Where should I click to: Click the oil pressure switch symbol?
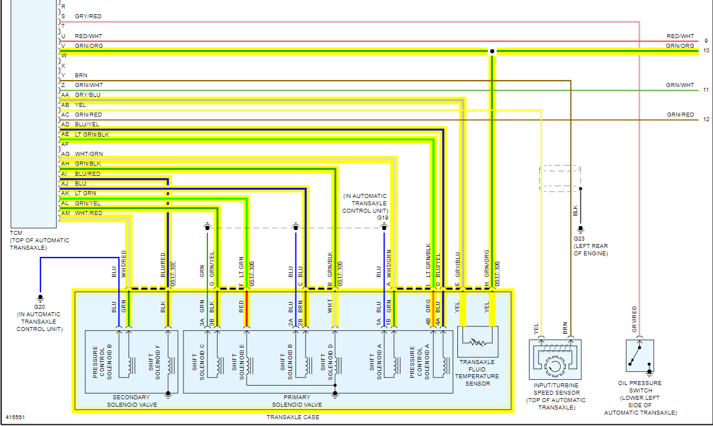click(x=640, y=356)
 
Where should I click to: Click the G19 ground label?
click(x=383, y=218)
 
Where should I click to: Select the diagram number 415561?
click(x=15, y=417)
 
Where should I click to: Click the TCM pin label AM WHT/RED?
click(x=82, y=213)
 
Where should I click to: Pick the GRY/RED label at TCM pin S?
click(x=88, y=16)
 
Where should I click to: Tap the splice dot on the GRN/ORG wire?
click(x=492, y=51)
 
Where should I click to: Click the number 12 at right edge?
click(x=706, y=119)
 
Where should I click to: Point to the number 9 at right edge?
click(x=706, y=41)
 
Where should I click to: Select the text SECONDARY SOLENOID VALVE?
click(x=131, y=401)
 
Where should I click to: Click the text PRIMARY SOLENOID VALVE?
click(x=297, y=401)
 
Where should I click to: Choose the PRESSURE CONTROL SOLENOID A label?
click(x=420, y=361)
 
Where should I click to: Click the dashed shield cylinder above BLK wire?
click(x=560, y=177)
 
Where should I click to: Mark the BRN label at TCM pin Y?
click(x=81, y=75)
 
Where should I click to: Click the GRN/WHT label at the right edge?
click(x=680, y=85)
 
